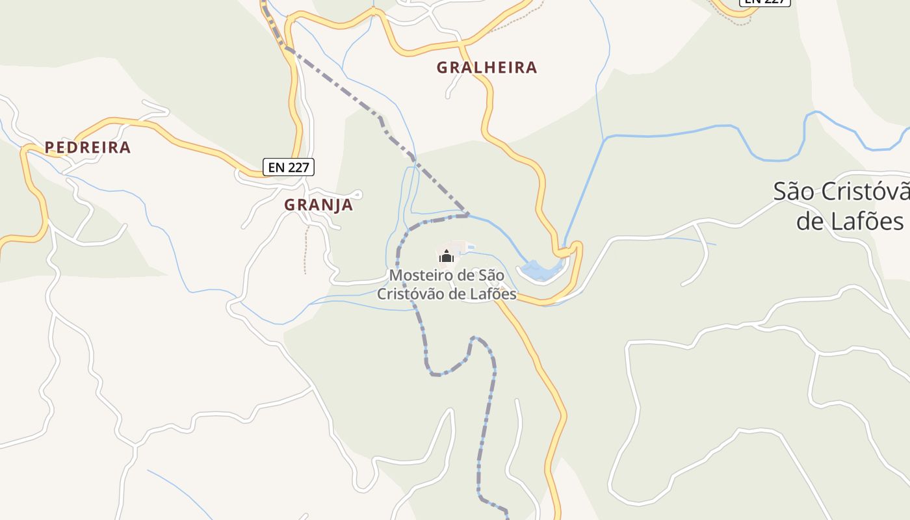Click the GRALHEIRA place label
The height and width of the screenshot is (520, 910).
[x=487, y=68]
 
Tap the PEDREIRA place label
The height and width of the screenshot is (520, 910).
[x=88, y=148]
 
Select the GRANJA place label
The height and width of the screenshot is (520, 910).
[x=318, y=205]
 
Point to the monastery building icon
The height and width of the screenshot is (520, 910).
[x=446, y=257]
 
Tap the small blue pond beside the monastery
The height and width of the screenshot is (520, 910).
[x=539, y=270]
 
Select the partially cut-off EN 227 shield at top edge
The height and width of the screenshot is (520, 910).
[x=765, y=2]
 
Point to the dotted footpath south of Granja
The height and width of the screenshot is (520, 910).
[x=305, y=250]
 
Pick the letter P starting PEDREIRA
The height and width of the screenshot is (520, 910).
[x=49, y=148]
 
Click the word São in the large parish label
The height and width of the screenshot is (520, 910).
[x=794, y=192]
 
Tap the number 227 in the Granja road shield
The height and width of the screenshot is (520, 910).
[x=298, y=167]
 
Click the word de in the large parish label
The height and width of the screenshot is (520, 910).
[x=810, y=221]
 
